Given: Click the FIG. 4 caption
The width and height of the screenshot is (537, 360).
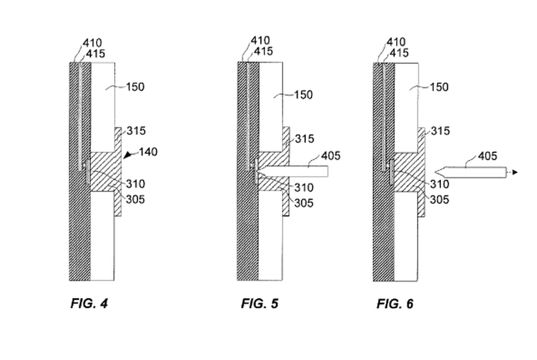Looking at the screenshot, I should click(x=89, y=304).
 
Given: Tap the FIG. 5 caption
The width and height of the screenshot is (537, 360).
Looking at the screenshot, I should click(x=259, y=304).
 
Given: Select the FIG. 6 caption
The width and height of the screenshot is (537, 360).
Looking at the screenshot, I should click(x=395, y=304).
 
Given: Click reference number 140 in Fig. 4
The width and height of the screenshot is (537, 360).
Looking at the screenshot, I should click(x=148, y=152).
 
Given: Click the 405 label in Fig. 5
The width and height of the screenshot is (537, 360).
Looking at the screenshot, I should click(x=331, y=156).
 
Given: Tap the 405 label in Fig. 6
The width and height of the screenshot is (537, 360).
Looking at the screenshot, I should click(x=488, y=156).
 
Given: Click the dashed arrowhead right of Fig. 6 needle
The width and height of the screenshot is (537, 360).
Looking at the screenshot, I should click(x=514, y=173).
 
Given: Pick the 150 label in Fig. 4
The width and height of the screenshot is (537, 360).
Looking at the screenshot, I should click(x=134, y=87).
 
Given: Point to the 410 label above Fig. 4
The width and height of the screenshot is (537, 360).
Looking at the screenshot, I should click(x=92, y=42).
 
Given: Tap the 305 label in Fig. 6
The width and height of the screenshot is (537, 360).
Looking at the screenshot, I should click(x=440, y=199).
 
